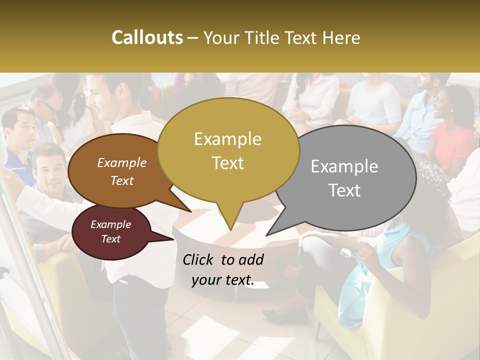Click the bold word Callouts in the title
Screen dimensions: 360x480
(x=147, y=37)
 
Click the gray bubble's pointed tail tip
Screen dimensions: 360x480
(x=266, y=235)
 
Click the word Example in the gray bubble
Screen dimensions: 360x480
(x=344, y=166)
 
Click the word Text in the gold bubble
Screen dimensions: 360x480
(x=228, y=163)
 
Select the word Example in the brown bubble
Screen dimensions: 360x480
(x=122, y=162)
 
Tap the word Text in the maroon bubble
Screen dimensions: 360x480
(x=111, y=239)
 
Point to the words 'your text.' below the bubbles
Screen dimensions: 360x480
(x=223, y=280)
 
